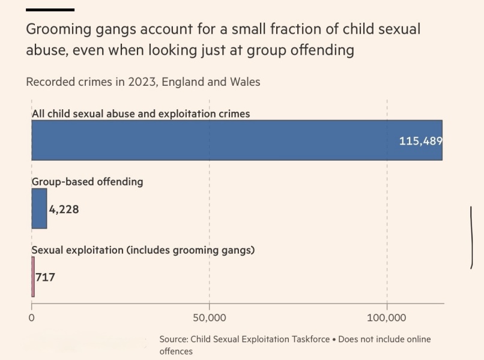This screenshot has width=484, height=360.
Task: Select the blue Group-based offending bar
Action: click(39, 208)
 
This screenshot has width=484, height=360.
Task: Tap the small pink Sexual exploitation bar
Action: click(33, 277)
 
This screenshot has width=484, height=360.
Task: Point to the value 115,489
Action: click(420, 141)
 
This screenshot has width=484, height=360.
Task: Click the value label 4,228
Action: click(64, 209)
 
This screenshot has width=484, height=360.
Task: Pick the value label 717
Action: click(45, 277)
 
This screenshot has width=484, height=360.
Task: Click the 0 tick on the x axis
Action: click(32, 317)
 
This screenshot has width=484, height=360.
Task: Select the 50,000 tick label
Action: click(209, 317)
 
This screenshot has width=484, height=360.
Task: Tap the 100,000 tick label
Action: click(387, 317)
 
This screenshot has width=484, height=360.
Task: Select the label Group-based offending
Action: click(87, 181)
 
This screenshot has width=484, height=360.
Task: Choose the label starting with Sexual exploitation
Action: click(143, 250)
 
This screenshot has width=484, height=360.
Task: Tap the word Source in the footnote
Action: click(174, 339)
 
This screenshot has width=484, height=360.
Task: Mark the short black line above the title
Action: click(50, 10)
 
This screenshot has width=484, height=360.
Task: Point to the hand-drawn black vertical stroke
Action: click(472, 237)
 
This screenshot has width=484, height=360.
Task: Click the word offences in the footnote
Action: click(176, 351)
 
